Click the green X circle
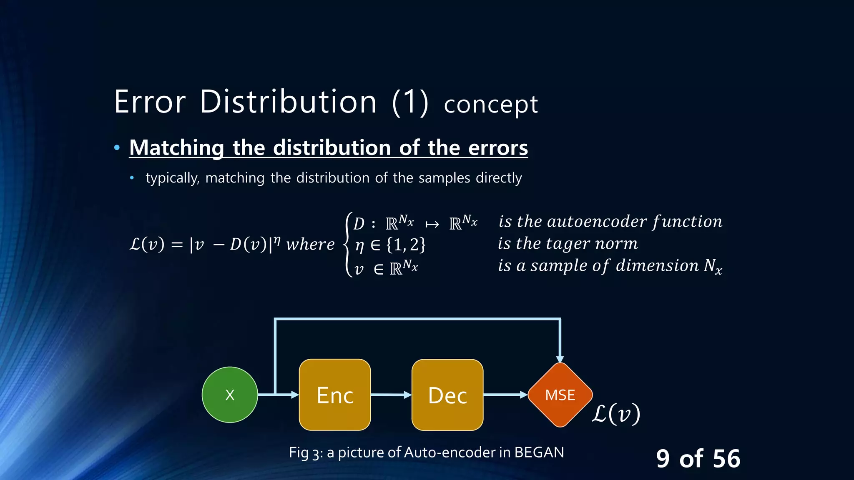230,395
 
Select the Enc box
335,395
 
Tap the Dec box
447,395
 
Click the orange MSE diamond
560,395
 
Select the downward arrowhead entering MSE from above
560,359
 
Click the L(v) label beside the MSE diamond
616,414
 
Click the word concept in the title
491,104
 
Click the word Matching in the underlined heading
177,148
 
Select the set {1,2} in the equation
406,244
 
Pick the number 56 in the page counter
726,458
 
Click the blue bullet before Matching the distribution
117,147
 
